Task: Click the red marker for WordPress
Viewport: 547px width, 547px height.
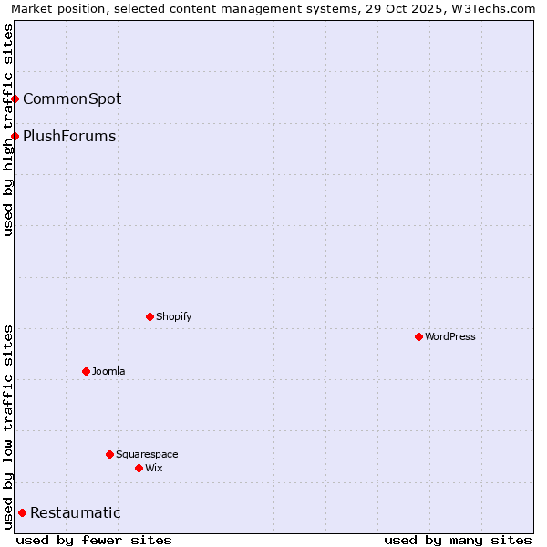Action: [x=418, y=336]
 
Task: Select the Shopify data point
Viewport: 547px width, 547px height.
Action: [x=150, y=316]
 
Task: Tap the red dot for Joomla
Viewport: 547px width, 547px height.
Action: [x=86, y=371]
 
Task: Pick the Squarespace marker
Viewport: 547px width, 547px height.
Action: [x=109, y=454]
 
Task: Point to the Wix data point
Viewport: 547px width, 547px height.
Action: [x=139, y=468]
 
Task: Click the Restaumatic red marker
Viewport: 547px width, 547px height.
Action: [x=22, y=512]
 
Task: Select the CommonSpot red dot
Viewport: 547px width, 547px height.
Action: [x=15, y=98]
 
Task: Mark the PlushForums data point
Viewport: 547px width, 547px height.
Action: [x=15, y=136]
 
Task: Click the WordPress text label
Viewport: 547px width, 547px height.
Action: [x=450, y=336]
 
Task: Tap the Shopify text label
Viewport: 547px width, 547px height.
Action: [x=173, y=316]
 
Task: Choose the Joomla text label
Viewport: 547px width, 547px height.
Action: [x=108, y=371]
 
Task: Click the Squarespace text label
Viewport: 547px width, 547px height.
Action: [x=147, y=454]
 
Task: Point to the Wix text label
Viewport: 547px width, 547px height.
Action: [x=153, y=468]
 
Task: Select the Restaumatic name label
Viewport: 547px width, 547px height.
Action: [x=75, y=512]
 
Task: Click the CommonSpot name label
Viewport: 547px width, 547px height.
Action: [x=72, y=98]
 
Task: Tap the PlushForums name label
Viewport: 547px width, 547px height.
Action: [x=69, y=136]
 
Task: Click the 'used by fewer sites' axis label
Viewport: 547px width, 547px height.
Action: [x=94, y=540]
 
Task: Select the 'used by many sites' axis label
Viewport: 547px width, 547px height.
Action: [x=458, y=540]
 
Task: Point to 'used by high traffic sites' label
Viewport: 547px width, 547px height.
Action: [x=9, y=129]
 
